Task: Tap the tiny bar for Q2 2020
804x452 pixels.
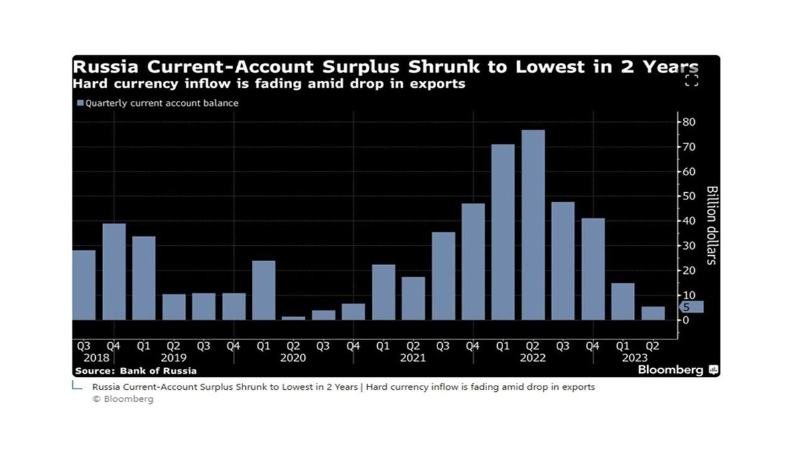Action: tap(293, 318)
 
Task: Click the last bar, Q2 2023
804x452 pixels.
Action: tap(653, 313)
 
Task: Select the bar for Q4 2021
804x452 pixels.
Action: tap(473, 262)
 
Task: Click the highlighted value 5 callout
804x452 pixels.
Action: tap(690, 307)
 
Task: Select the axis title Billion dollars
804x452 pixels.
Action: tap(712, 225)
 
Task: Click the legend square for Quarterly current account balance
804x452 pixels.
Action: tap(81, 103)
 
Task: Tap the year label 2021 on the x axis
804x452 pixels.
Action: tap(413, 358)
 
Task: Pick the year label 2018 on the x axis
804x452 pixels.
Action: tap(84, 358)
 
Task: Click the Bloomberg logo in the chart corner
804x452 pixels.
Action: tap(677, 370)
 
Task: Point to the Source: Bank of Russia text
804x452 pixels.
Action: tap(136, 370)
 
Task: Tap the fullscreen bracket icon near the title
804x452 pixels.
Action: tap(691, 81)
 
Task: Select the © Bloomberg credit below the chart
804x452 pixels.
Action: tap(123, 399)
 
